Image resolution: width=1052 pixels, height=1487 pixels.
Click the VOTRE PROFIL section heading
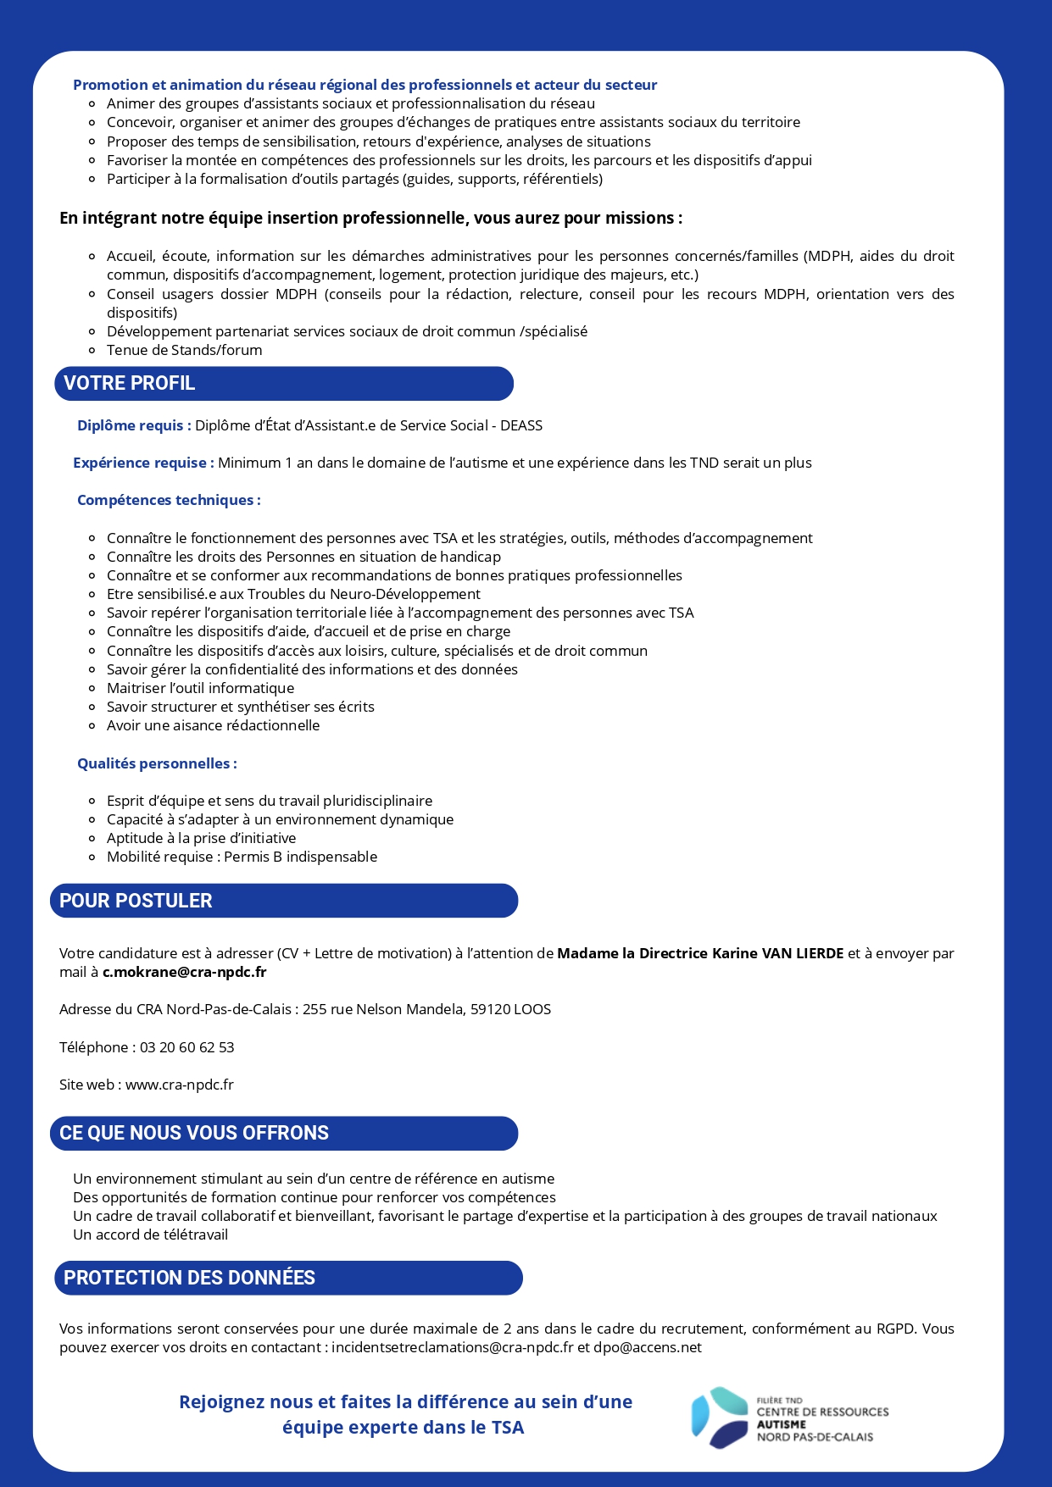130,383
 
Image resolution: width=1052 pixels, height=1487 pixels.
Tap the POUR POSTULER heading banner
136,901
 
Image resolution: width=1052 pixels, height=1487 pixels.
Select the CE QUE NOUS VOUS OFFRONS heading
194,1133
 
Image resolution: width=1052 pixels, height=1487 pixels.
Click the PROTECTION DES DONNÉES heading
189,1278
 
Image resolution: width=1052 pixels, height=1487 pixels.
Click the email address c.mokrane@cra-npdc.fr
184,972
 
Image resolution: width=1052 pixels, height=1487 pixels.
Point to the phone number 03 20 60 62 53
186,1047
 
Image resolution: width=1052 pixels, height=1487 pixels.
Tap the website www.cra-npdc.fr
180,1085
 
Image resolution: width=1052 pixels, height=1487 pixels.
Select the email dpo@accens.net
648,1347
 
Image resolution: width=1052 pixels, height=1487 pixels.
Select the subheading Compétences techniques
169,500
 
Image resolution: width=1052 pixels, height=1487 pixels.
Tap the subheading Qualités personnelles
157,763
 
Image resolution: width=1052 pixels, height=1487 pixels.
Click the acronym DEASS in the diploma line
521,425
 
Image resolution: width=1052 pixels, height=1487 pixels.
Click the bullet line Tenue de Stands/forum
184,350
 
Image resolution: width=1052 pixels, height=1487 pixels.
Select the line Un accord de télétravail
150,1235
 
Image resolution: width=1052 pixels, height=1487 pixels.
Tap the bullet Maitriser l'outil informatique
200,688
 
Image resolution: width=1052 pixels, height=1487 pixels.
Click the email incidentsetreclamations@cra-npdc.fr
452,1347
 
